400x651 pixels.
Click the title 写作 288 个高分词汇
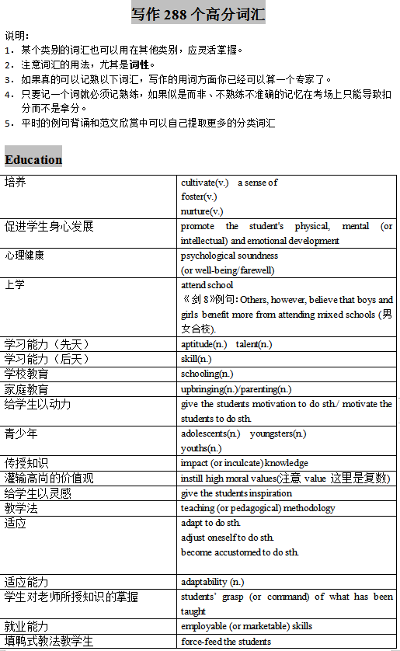coord(198,14)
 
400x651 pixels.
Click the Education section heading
coord(33,160)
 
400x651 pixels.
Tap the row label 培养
coord(16,182)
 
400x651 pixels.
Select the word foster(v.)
coord(199,197)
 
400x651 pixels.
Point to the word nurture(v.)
coord(202,211)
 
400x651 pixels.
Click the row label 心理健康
coord(25,256)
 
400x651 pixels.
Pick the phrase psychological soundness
coord(229,256)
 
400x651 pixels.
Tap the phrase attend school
coord(207,285)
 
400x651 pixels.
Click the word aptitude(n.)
coord(204,344)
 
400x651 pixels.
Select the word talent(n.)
coord(254,344)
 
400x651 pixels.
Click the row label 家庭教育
coord(26,389)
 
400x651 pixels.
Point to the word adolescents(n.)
coord(210,433)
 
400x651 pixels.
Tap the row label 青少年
coord(20,433)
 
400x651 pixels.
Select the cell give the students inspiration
coord(236,493)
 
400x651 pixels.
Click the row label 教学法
coord(20,508)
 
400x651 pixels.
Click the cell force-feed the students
coord(226,642)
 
